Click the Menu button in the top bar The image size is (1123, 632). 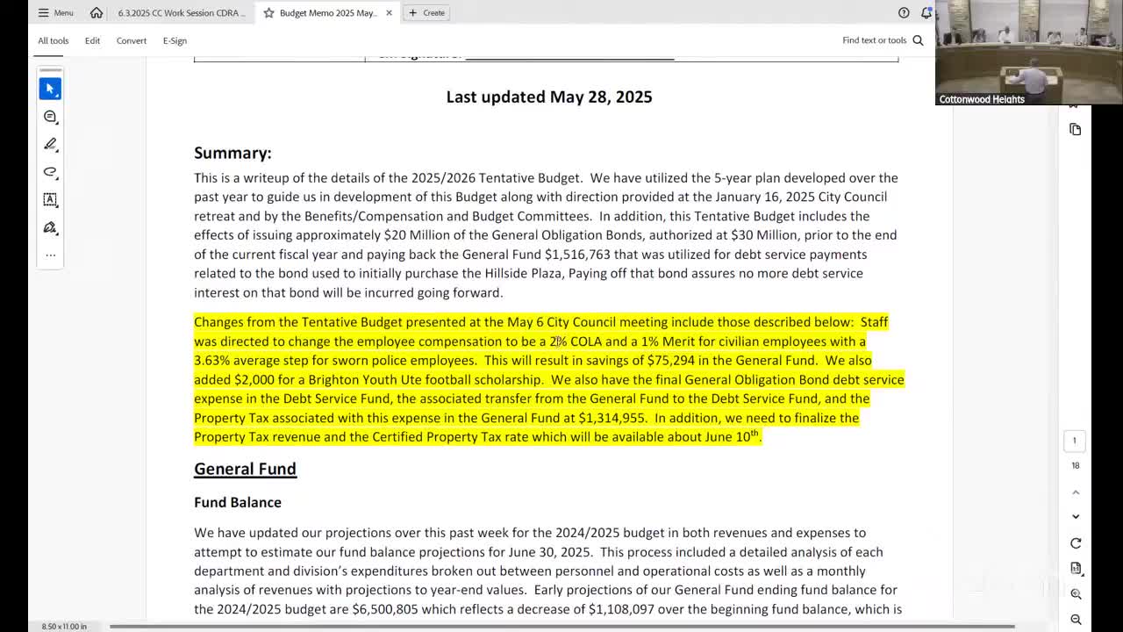point(55,13)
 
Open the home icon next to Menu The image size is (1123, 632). point(97,13)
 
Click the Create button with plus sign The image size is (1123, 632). point(426,13)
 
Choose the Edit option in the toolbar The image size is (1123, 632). point(92,40)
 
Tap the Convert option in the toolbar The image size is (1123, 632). point(132,40)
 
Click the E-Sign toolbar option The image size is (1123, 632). point(175,40)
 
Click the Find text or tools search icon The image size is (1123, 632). point(918,40)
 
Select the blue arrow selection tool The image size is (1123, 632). point(50,89)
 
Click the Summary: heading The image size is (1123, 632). point(232,153)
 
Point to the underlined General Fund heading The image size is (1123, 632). point(245,469)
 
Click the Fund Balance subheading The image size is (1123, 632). point(238,502)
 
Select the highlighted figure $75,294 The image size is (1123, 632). point(671,361)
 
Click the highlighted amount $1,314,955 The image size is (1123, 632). point(612,418)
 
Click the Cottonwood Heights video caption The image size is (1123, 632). point(982,99)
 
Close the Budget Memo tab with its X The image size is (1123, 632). point(389,13)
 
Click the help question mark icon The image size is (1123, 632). point(904,13)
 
